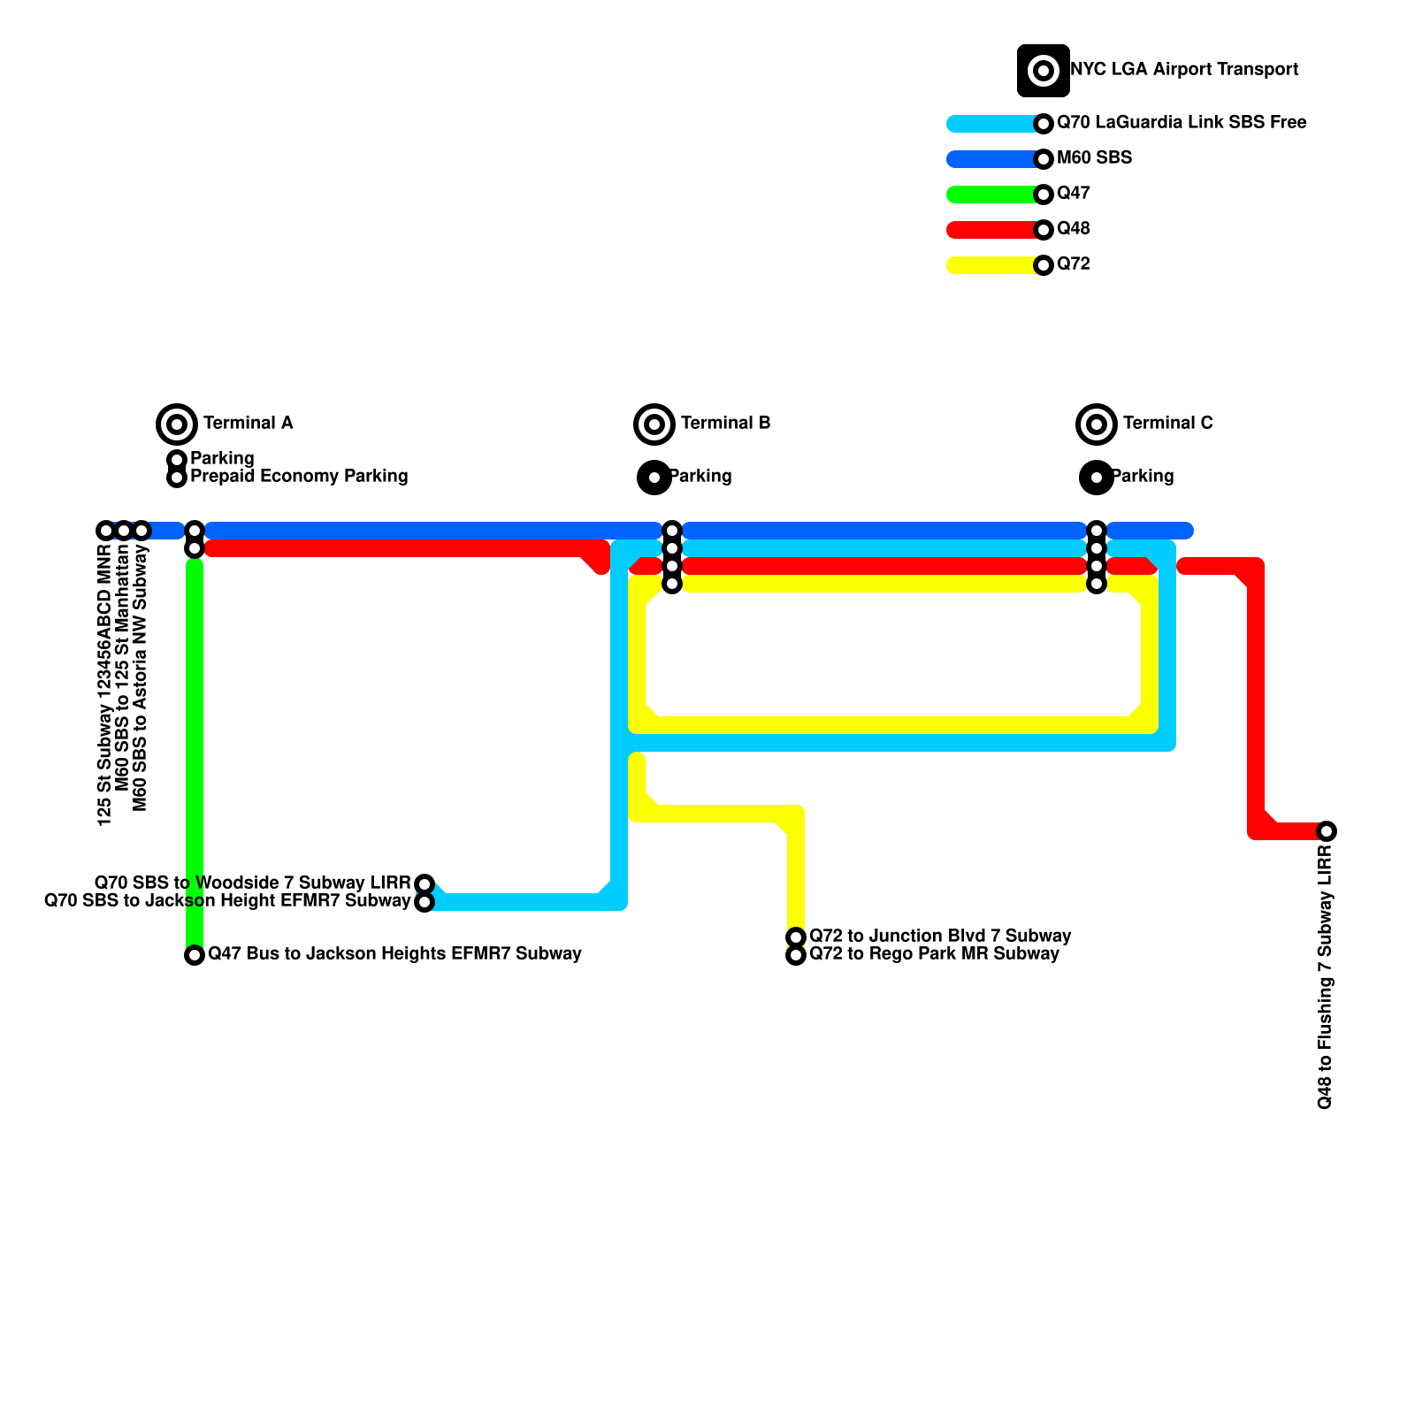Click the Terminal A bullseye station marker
coord(177,424)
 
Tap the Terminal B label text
coord(725,424)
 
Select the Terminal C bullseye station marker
coord(1097,424)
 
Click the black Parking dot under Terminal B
coord(654,478)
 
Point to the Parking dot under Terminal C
coord(1097,478)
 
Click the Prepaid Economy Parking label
coord(299,477)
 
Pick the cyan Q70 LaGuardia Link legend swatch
coord(990,124)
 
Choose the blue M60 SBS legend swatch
coord(990,159)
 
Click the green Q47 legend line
coord(990,195)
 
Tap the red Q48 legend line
coord(990,230)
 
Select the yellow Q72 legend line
coord(990,265)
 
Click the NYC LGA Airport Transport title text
coord(1183,70)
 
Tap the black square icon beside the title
coord(1044,71)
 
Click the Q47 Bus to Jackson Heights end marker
coord(195,955)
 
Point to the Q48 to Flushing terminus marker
coord(1327,831)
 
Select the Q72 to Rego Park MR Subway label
coord(934,954)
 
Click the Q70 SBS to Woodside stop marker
coord(424,884)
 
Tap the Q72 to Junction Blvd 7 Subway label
coord(940,937)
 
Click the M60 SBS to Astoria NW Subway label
coord(141,677)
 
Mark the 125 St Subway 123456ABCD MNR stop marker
coord(106,531)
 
